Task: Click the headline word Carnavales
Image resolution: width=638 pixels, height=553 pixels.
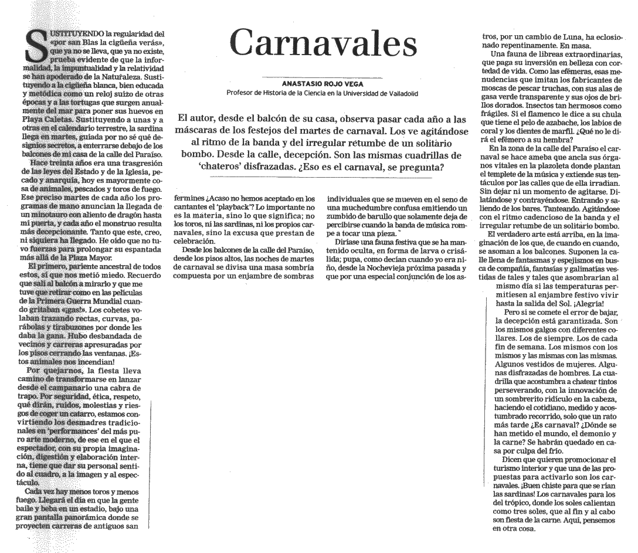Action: pos(323,42)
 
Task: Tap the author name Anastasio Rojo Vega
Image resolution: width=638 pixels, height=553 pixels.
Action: pos(323,84)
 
